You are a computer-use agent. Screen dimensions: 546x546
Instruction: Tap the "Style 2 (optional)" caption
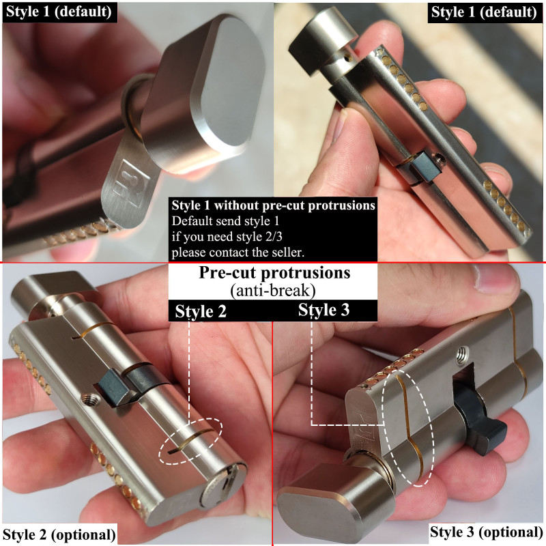tap(59, 533)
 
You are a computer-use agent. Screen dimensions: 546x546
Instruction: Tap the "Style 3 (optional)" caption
tap(486, 532)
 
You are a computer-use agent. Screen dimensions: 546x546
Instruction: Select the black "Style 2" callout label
tap(201, 311)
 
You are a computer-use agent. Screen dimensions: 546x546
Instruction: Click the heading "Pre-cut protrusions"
tap(274, 273)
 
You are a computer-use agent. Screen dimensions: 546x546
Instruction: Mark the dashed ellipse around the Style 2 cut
tap(194, 442)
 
